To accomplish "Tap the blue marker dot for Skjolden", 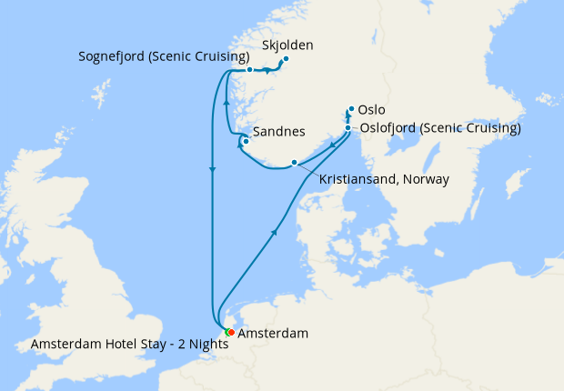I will click(x=285, y=60).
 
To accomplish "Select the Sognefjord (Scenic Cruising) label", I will click(x=164, y=57).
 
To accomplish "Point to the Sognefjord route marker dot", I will click(x=249, y=70).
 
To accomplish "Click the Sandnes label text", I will click(x=278, y=132).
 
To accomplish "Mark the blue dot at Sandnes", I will click(x=246, y=140).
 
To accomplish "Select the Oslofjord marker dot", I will click(x=347, y=128).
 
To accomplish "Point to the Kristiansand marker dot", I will click(x=293, y=163).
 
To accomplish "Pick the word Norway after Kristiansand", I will click(x=428, y=179).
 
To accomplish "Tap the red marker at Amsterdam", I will click(x=231, y=332).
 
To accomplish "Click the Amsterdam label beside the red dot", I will click(x=272, y=334).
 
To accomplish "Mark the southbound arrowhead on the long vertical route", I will click(x=213, y=168).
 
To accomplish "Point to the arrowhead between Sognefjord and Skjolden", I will click(x=267, y=70).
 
